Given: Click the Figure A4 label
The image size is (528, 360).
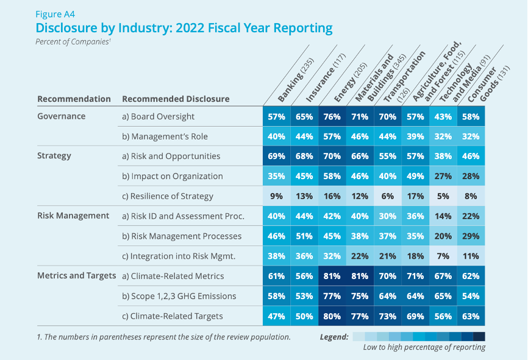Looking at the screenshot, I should [x=55, y=13].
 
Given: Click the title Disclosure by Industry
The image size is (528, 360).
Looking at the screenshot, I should [x=184, y=28].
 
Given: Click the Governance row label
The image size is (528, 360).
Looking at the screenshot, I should [x=62, y=116].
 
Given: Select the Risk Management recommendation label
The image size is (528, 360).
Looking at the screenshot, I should [x=73, y=216].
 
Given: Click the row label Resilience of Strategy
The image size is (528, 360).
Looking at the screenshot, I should [x=168, y=196].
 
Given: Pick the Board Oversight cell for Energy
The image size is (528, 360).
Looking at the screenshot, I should [x=333, y=116].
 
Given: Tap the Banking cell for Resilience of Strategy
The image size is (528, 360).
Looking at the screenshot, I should [x=276, y=196].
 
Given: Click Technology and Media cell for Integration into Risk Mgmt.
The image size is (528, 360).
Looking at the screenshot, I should [x=443, y=256].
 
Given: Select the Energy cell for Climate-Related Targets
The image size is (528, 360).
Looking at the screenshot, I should [x=333, y=316].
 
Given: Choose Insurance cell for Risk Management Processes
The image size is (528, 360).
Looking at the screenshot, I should [x=304, y=236].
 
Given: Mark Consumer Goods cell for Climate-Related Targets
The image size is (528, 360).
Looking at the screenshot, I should [x=471, y=316].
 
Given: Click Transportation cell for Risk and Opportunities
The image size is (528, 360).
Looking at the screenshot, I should [x=387, y=156].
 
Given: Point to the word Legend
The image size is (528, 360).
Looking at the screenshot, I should [x=334, y=337].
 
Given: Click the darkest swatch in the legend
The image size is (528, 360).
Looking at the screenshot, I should [x=479, y=337].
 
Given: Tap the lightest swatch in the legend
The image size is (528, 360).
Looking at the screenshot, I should [x=359, y=337].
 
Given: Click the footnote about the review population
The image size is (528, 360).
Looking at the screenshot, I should [x=164, y=337].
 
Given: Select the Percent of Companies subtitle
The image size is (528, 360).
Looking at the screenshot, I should [x=73, y=42].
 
